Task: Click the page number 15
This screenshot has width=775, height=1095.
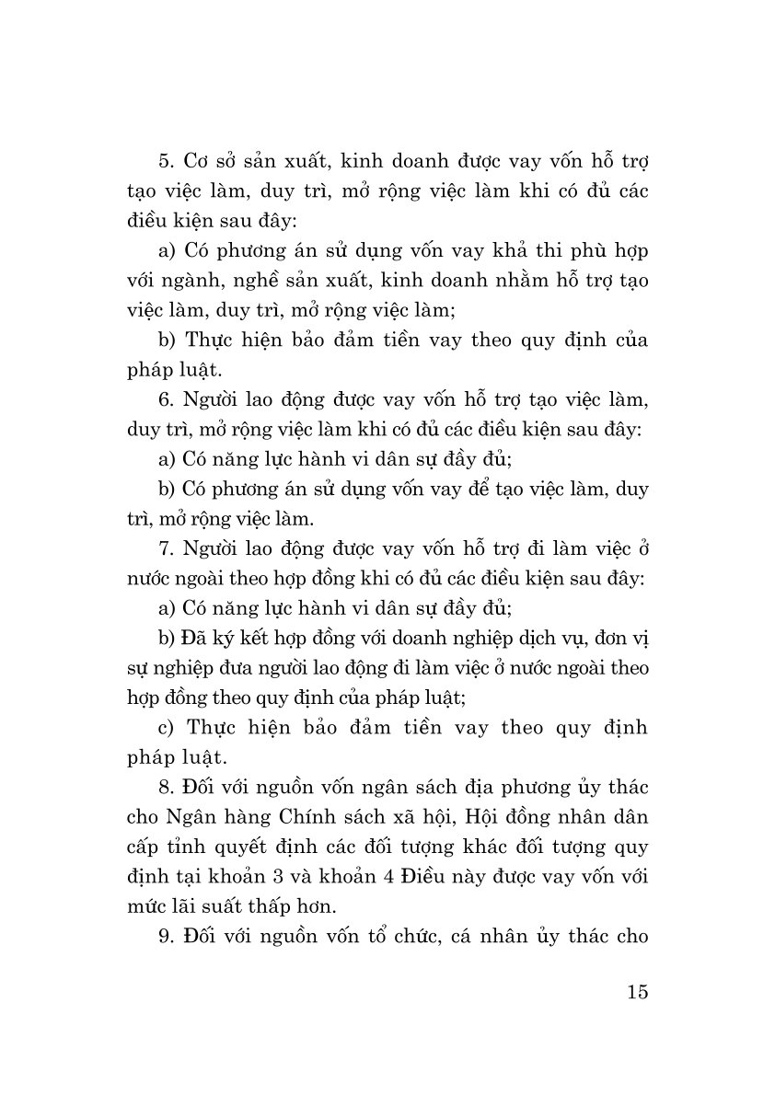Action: [x=635, y=992]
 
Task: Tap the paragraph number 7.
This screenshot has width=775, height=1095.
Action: [x=166, y=549]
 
